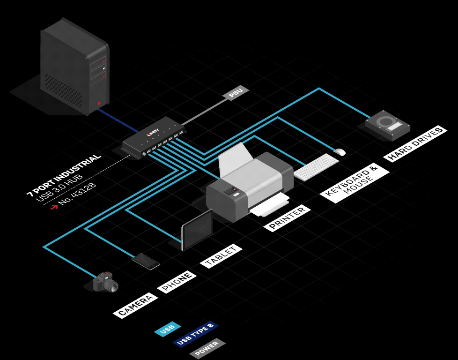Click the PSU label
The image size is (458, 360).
tap(236, 93)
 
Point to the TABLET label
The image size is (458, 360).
tap(221, 256)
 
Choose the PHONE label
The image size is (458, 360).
tap(176, 282)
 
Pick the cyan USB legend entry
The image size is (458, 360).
tap(168, 330)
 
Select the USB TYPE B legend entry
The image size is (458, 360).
tap(195, 334)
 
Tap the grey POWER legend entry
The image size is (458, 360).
tap(207, 348)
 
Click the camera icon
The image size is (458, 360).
tap(105, 282)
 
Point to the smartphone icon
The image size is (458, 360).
tap(145, 261)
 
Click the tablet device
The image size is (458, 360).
tap(197, 230)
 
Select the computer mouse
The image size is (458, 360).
tap(340, 152)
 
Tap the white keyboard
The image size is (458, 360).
tap(317, 167)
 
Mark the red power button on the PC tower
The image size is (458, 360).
tap(99, 103)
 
